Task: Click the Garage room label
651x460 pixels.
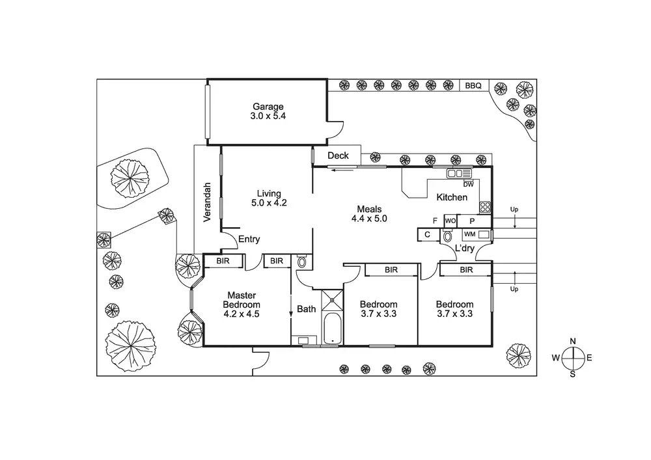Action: [268, 107]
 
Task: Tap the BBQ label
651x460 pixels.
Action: [473, 85]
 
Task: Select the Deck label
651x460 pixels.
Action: [338, 156]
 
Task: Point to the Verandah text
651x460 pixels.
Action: [208, 202]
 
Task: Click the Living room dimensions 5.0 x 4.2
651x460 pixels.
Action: [268, 202]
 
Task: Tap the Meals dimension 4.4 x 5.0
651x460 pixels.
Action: [372, 219]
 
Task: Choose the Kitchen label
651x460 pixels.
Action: [452, 197]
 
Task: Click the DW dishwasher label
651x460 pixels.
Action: [468, 184]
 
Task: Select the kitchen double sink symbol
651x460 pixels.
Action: [459, 173]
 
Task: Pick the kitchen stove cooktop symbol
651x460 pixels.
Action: [485, 208]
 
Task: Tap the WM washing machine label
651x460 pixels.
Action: [470, 234]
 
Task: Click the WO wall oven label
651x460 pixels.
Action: [450, 221]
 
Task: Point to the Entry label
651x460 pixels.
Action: [249, 239]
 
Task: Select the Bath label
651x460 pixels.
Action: [307, 309]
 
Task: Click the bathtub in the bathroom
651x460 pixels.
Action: [332, 329]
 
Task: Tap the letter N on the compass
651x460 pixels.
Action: [573, 342]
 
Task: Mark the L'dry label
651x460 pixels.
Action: [464, 249]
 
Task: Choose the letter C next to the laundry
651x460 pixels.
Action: [428, 234]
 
